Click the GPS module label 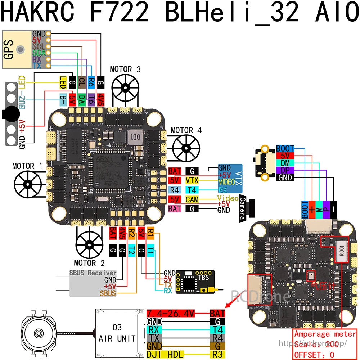tap(9, 49)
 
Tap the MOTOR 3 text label tap(125, 69)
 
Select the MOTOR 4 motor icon tap(186, 148)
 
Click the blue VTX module tap(230, 178)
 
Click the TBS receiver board tap(195, 282)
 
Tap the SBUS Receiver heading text tap(93, 273)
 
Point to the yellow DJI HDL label tap(165, 354)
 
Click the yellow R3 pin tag tap(217, 354)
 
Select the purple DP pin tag tap(285, 170)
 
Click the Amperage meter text tap(325, 334)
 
